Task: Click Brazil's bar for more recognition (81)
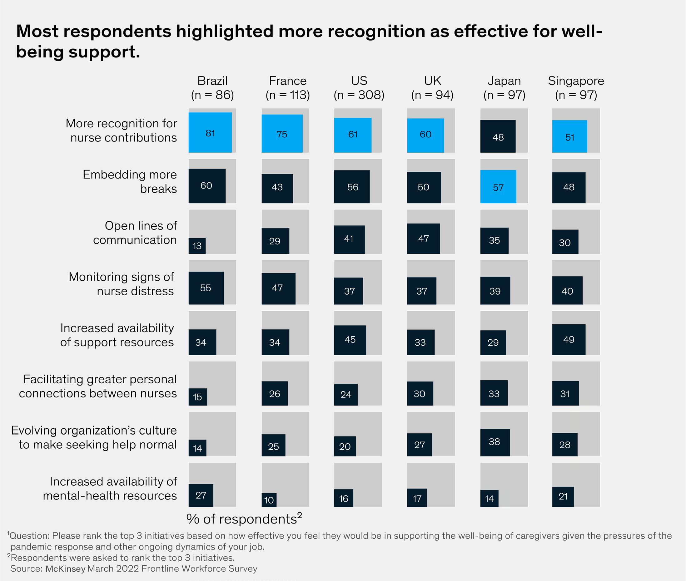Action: tap(210, 132)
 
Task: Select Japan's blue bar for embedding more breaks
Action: tap(498, 186)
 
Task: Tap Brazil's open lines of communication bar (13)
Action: tap(197, 246)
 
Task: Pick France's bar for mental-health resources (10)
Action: tap(269, 500)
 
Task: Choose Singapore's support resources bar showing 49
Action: tap(569, 340)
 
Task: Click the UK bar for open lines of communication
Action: tap(423, 239)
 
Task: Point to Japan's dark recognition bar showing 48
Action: tap(498, 136)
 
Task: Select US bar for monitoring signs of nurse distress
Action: tap(349, 291)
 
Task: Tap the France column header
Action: tap(288, 88)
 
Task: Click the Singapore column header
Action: tap(576, 88)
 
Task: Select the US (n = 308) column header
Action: tap(359, 88)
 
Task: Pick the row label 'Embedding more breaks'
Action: tap(130, 181)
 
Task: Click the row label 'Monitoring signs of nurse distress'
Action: tap(121, 284)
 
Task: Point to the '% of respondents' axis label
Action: tap(244, 519)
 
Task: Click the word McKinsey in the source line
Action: tap(65, 569)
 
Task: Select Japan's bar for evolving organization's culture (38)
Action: tap(495, 442)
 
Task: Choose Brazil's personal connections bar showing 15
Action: tap(198, 396)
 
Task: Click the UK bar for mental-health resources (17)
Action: tap(417, 498)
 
